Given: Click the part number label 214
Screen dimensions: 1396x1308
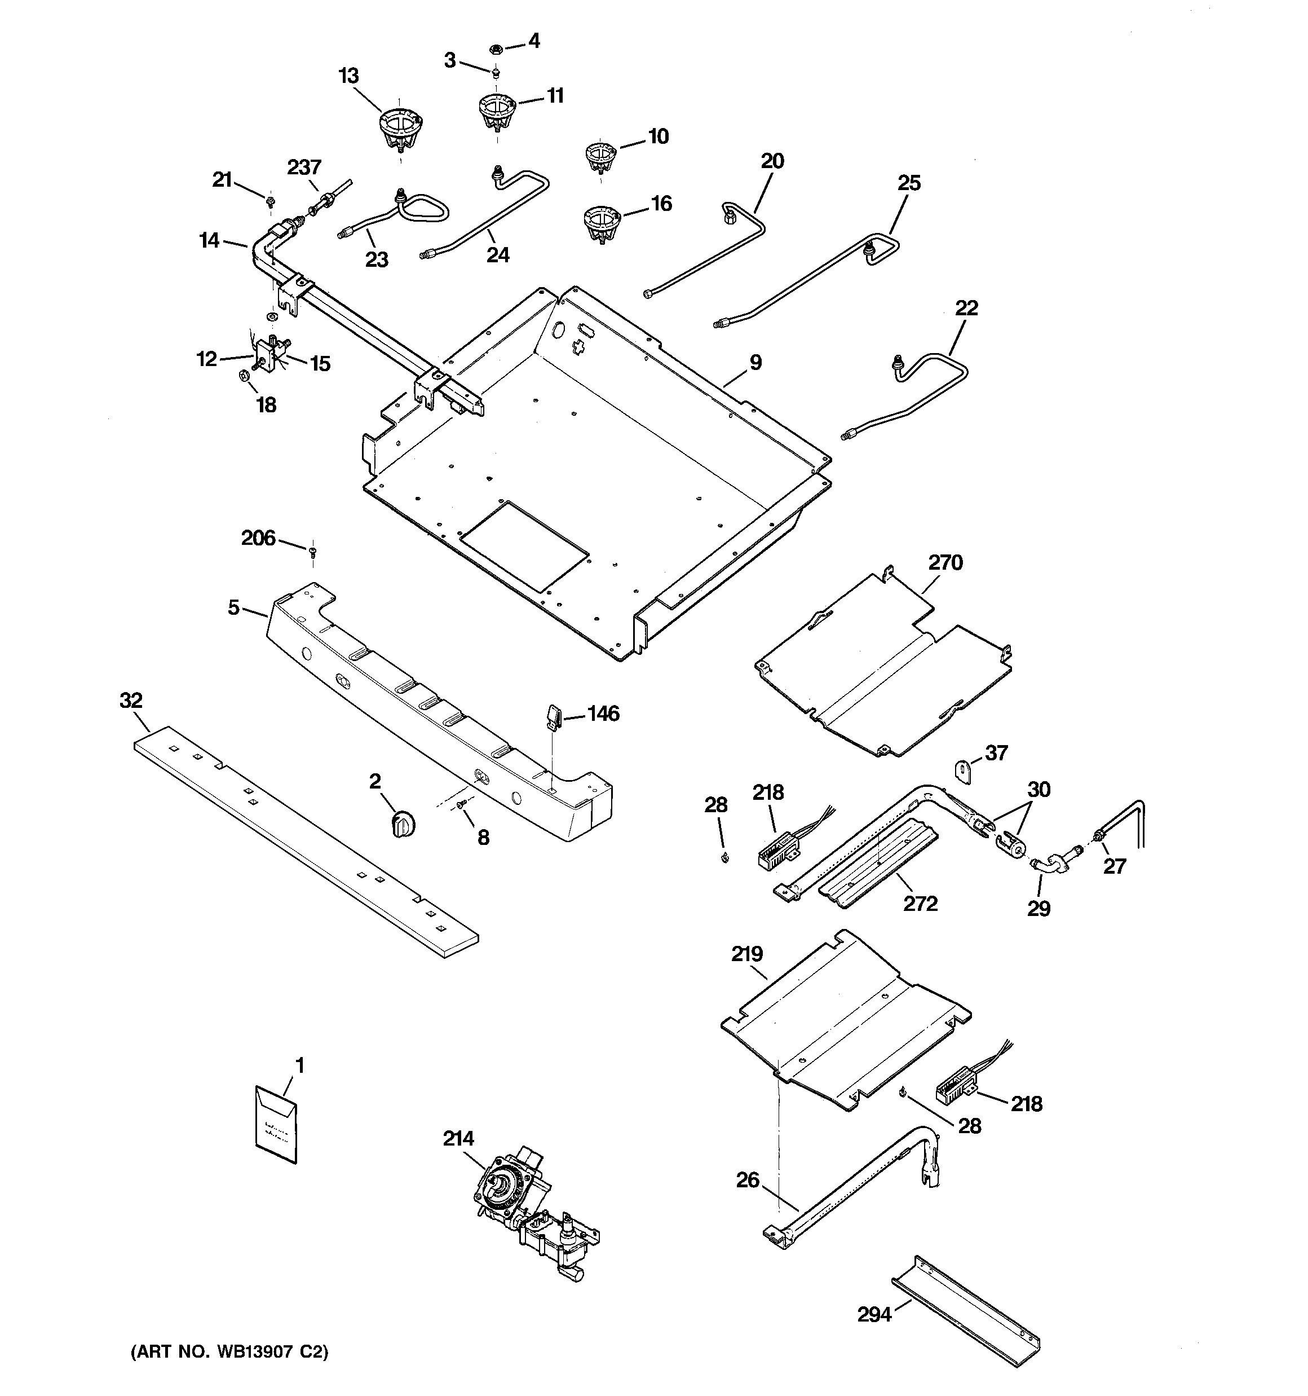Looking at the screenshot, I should pyautogui.click(x=458, y=1138).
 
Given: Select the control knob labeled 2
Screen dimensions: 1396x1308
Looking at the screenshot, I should pyautogui.click(x=403, y=822).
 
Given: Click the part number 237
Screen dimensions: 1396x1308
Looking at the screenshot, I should pyautogui.click(x=304, y=167).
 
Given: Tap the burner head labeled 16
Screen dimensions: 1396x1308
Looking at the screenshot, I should pyautogui.click(x=602, y=224).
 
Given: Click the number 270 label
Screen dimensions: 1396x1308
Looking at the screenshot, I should pyautogui.click(x=945, y=562).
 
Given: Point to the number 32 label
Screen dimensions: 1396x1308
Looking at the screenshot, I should pyautogui.click(x=131, y=700).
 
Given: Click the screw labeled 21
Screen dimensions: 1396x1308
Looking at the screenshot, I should pyautogui.click(x=269, y=203).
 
